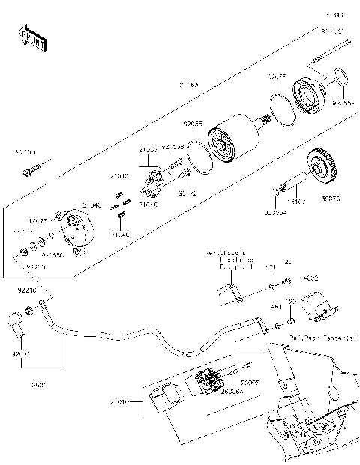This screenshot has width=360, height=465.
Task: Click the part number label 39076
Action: (x=330, y=201)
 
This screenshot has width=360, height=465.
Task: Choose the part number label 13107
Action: (x=297, y=201)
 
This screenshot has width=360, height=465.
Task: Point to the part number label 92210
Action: (x=26, y=289)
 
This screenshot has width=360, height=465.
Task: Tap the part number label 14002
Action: (x=310, y=278)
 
